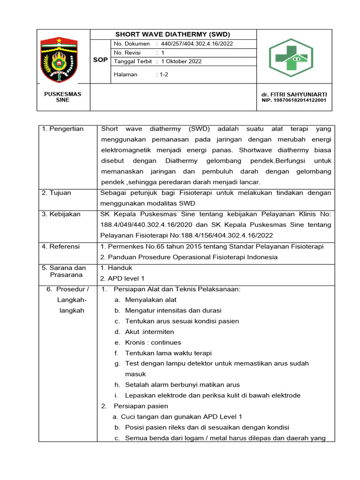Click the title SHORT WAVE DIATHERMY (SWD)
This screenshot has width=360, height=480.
click(173, 34)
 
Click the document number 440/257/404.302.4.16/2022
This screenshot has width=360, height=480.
click(197, 44)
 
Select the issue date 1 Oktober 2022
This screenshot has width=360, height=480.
click(181, 61)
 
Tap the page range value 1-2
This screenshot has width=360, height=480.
click(165, 74)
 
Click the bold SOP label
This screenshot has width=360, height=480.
click(100, 60)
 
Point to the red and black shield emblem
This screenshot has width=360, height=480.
click(59, 57)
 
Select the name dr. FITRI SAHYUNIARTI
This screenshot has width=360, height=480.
click(294, 94)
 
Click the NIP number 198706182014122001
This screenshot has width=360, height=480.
click(294, 100)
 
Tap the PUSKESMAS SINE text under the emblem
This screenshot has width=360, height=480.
click(62, 97)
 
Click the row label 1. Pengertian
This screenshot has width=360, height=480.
click(63, 129)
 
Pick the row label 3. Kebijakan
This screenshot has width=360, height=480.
click(61, 214)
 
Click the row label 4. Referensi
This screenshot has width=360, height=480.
click(61, 246)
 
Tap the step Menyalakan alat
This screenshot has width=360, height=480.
click(150, 300)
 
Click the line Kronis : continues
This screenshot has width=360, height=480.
click(153, 342)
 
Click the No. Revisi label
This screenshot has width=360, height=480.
click(127, 53)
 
